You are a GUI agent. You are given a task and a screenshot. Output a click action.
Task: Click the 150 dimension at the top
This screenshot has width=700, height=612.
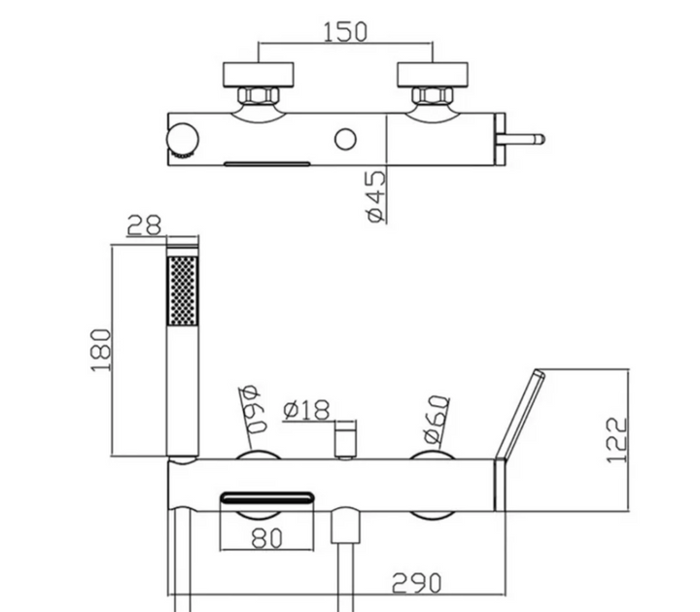point(344,32)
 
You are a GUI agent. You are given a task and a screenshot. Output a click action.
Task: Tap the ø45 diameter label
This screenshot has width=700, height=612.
point(375,195)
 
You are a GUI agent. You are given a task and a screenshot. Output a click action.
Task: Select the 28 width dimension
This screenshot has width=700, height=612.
point(144,225)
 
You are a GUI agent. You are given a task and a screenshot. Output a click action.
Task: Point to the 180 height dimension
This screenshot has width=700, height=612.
point(101,350)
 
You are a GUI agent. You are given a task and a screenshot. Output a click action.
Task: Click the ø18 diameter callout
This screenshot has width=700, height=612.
point(306,410)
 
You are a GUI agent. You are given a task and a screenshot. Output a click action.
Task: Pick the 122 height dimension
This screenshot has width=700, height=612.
point(618,440)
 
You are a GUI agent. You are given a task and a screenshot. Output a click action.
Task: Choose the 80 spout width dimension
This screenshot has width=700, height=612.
point(266,538)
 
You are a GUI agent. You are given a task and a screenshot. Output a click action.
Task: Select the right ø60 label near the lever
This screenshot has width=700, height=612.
point(437,420)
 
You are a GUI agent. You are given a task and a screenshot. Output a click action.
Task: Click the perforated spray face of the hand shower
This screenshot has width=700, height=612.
point(182,290)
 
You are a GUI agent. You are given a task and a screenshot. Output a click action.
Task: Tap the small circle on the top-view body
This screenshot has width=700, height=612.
point(345,140)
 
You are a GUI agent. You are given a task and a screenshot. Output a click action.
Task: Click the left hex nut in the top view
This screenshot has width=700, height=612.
point(259,94)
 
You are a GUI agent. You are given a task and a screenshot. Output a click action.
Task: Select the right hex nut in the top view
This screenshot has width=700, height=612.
point(433,94)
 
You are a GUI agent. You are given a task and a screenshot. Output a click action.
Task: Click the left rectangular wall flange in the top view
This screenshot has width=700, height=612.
point(259,75)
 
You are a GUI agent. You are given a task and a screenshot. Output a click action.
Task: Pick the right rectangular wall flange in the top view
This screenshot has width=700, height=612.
point(433,75)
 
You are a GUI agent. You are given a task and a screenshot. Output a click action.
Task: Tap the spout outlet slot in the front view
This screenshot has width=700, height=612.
point(267,497)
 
